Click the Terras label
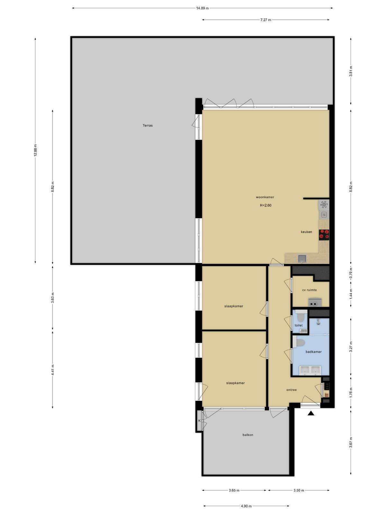[148, 126]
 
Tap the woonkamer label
[265, 197]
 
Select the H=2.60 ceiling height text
[266, 205]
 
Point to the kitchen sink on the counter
[302, 259]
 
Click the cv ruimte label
[309, 290]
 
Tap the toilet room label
[299, 325]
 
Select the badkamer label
[314, 352]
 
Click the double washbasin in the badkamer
[310, 370]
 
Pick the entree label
[291, 390]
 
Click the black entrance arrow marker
[311, 413]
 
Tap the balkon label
[248, 435]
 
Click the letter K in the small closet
[199, 421]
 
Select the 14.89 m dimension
[202, 8]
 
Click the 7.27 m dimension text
[266, 20]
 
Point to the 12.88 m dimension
[35, 150]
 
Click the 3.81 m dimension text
[351, 71]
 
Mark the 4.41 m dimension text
[53, 370]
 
